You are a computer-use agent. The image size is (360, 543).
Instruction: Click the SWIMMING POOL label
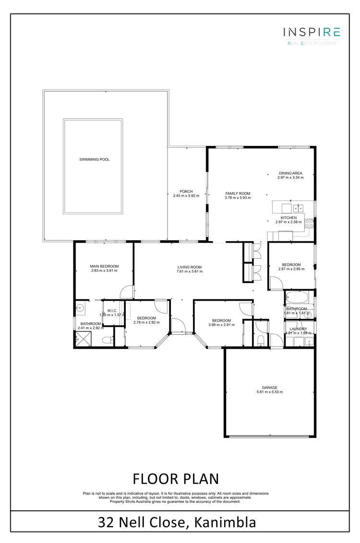pos(94,159)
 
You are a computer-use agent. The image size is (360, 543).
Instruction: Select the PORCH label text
pos(186,191)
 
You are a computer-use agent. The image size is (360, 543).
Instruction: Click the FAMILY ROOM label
pos(238,194)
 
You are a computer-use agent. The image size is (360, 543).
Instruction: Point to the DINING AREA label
pos(290,173)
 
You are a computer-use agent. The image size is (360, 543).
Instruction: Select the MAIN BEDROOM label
pos(104,266)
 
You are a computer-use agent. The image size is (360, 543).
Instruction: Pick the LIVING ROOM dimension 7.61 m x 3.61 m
pos(189,271)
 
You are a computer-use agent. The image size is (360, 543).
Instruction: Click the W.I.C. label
pos(113,310)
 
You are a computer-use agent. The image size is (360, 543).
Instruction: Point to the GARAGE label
pos(269,388)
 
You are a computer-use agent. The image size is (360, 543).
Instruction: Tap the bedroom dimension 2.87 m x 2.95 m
pos(291,269)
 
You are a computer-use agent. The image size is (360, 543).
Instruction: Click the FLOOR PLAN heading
pos(176,479)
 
